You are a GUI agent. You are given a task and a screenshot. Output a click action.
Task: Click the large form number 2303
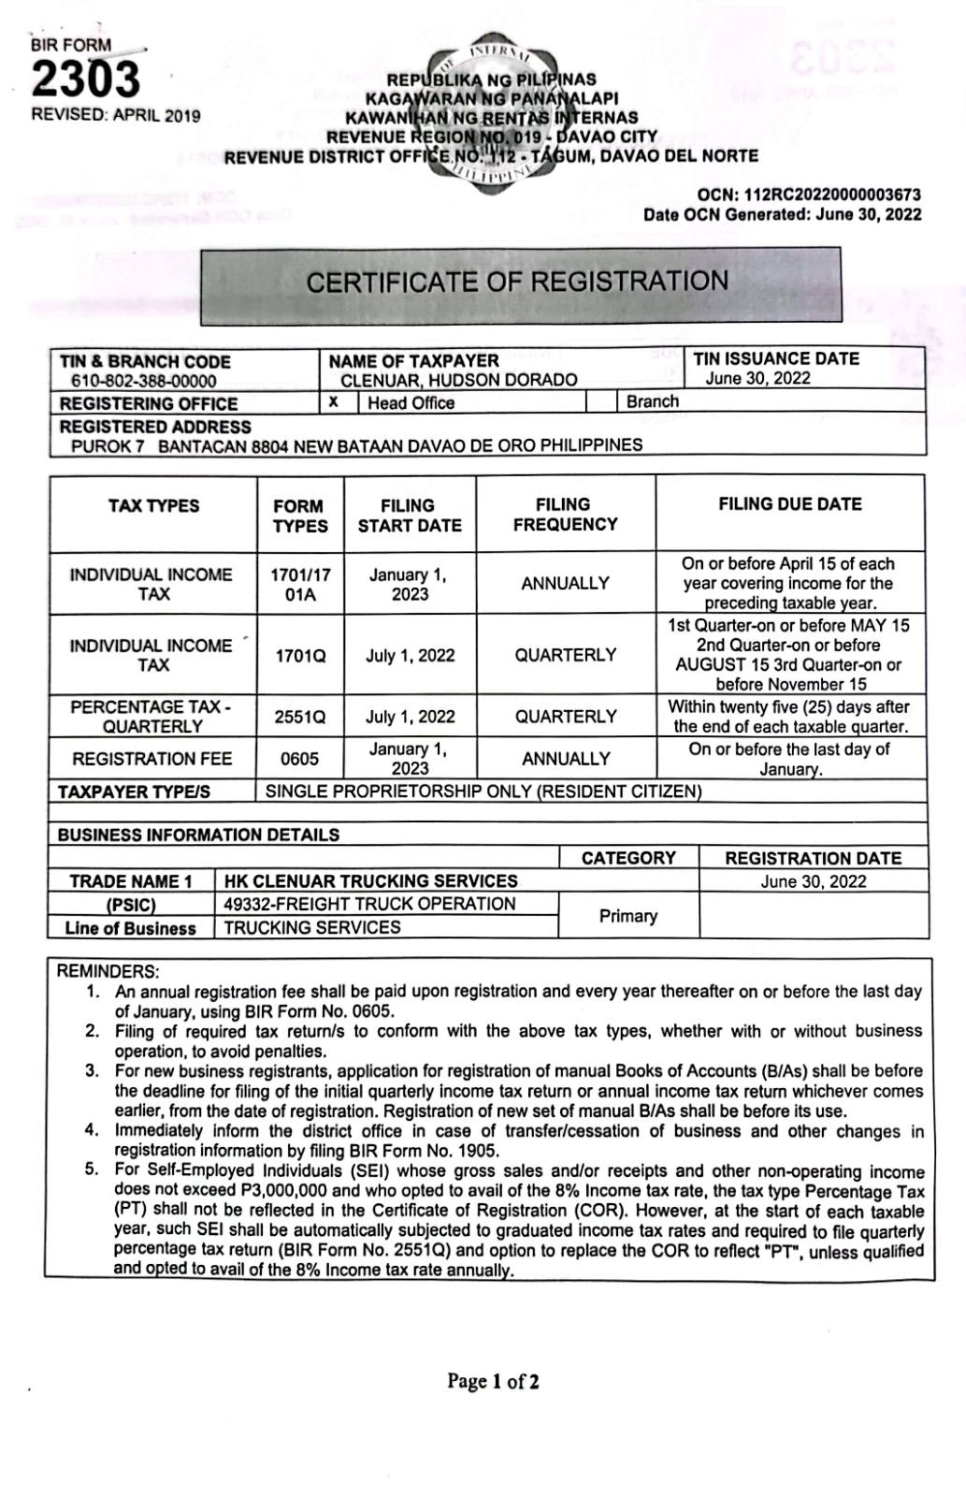pos(86,80)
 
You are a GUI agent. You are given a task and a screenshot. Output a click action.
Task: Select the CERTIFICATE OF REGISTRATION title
pos(517,282)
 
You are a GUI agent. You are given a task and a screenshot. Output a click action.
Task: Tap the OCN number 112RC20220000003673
pos(832,196)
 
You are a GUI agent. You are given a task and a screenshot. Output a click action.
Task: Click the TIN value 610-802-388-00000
pos(143,382)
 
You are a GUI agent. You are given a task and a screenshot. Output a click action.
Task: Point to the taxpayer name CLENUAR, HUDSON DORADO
pos(458,380)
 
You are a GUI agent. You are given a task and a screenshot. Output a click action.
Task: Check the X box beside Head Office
pos(335,402)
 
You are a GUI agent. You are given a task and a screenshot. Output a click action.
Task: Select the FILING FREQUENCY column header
pos(565,515)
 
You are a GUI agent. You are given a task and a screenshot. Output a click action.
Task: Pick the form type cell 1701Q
pos(300,655)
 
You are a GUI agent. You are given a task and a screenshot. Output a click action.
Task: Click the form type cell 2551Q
pos(300,718)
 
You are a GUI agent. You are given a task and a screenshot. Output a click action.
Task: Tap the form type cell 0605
pos(300,759)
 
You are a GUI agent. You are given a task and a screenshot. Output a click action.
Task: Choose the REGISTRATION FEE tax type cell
pos(152,759)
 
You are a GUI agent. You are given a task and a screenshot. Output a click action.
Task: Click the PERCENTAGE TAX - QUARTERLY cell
pos(152,717)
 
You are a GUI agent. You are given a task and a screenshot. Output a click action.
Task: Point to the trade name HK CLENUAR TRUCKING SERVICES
pos(371,880)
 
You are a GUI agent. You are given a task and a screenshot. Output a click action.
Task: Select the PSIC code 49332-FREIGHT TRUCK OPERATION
pos(370,904)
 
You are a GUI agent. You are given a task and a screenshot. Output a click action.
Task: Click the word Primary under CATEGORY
pos(627,916)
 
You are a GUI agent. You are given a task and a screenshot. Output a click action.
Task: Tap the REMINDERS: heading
pos(108,971)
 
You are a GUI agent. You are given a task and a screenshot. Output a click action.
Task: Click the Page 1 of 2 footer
pos(493,1381)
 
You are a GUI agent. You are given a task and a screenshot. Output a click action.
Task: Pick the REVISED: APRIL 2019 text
pos(116,115)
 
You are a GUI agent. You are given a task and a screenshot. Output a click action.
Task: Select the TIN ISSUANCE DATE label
pos(776,358)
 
